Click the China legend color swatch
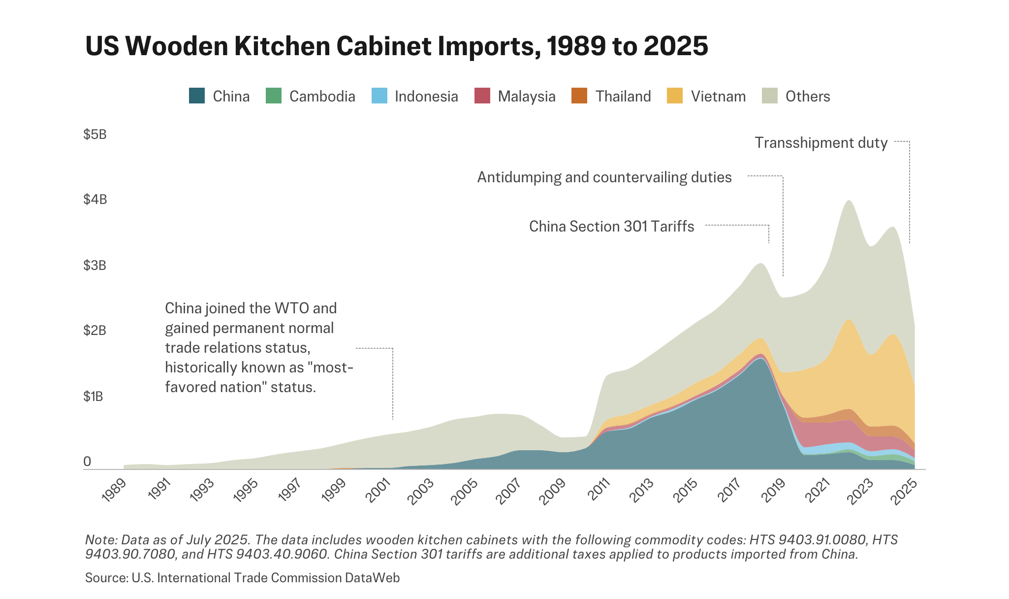pyautogui.click(x=197, y=96)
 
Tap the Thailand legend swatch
pyautogui.click(x=579, y=96)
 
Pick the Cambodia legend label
pyautogui.click(x=322, y=96)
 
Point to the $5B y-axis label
pyautogui.click(x=95, y=134)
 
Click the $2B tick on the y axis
pyautogui.click(x=95, y=331)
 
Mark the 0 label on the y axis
pyautogui.click(x=88, y=462)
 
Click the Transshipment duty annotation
pyautogui.click(x=821, y=143)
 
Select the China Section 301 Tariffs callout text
pyautogui.click(x=611, y=227)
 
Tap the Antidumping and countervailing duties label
pyautogui.click(x=604, y=177)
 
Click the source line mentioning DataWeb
pyautogui.click(x=242, y=578)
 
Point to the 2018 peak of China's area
pyautogui.click(x=761, y=360)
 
